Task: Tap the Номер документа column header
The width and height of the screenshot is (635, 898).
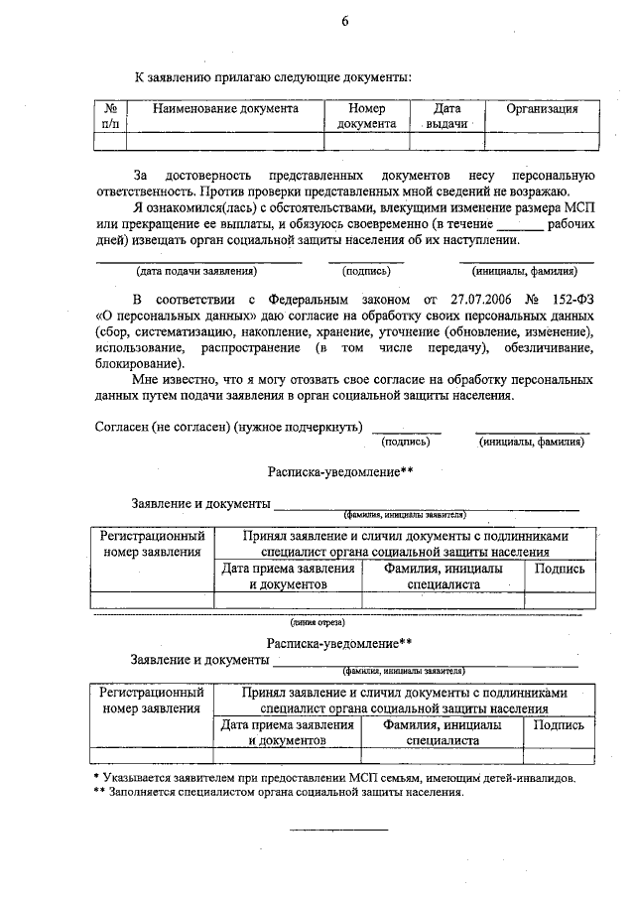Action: tap(366, 116)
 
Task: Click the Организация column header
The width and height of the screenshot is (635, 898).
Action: tap(542, 108)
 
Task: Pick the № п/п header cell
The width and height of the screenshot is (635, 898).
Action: tap(111, 116)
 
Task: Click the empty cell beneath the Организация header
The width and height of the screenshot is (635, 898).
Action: tap(542, 141)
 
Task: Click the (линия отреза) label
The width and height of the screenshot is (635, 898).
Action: tap(317, 623)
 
